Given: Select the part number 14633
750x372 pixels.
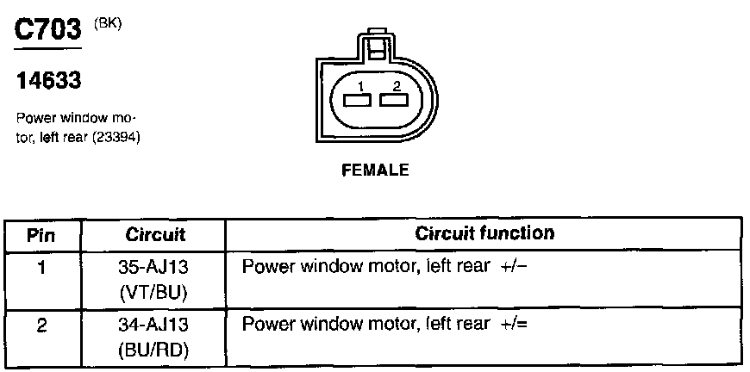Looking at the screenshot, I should point(49,82).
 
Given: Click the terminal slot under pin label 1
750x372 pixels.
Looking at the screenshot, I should point(356,100).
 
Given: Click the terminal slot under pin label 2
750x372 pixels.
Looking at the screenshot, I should point(393,100).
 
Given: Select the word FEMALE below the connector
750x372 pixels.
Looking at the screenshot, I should point(375,170).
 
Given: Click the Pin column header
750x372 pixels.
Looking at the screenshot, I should point(41,234).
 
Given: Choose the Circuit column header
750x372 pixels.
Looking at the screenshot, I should point(155,234).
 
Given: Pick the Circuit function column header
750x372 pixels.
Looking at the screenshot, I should point(484,233).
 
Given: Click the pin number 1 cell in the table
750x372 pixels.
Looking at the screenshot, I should point(41,267).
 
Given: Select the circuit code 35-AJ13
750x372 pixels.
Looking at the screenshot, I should point(155,268).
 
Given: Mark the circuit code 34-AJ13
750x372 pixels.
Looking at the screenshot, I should point(155,326).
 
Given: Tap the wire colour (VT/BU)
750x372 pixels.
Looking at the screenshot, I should point(155,293).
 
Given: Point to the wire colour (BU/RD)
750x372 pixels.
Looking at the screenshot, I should point(155,351).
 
